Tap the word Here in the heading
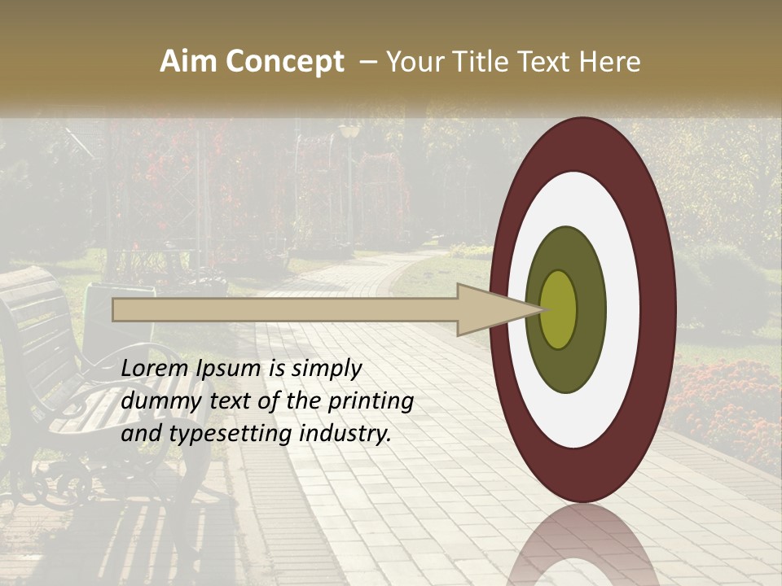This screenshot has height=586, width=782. click(610, 62)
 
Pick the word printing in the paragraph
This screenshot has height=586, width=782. click(370, 401)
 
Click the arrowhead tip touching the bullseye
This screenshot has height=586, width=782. click(541, 309)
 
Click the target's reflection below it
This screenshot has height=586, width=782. click(583, 545)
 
